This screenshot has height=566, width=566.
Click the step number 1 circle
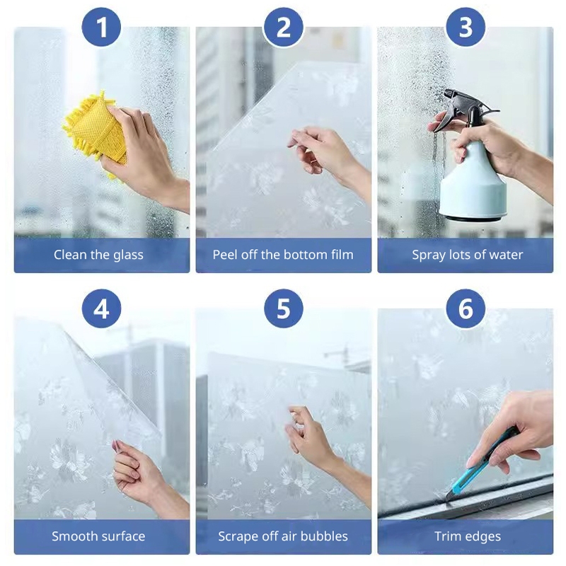[101, 27]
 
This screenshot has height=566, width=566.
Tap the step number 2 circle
[284, 27]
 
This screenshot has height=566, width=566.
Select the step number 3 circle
[466, 27]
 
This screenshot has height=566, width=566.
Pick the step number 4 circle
[101, 308]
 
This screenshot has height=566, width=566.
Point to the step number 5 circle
[284, 308]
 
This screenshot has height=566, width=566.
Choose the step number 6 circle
[466, 308]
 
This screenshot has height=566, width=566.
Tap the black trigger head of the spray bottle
[466, 108]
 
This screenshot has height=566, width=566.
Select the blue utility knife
[480, 466]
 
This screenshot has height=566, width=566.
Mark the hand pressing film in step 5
[321, 448]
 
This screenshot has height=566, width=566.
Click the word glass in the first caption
[128, 255]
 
